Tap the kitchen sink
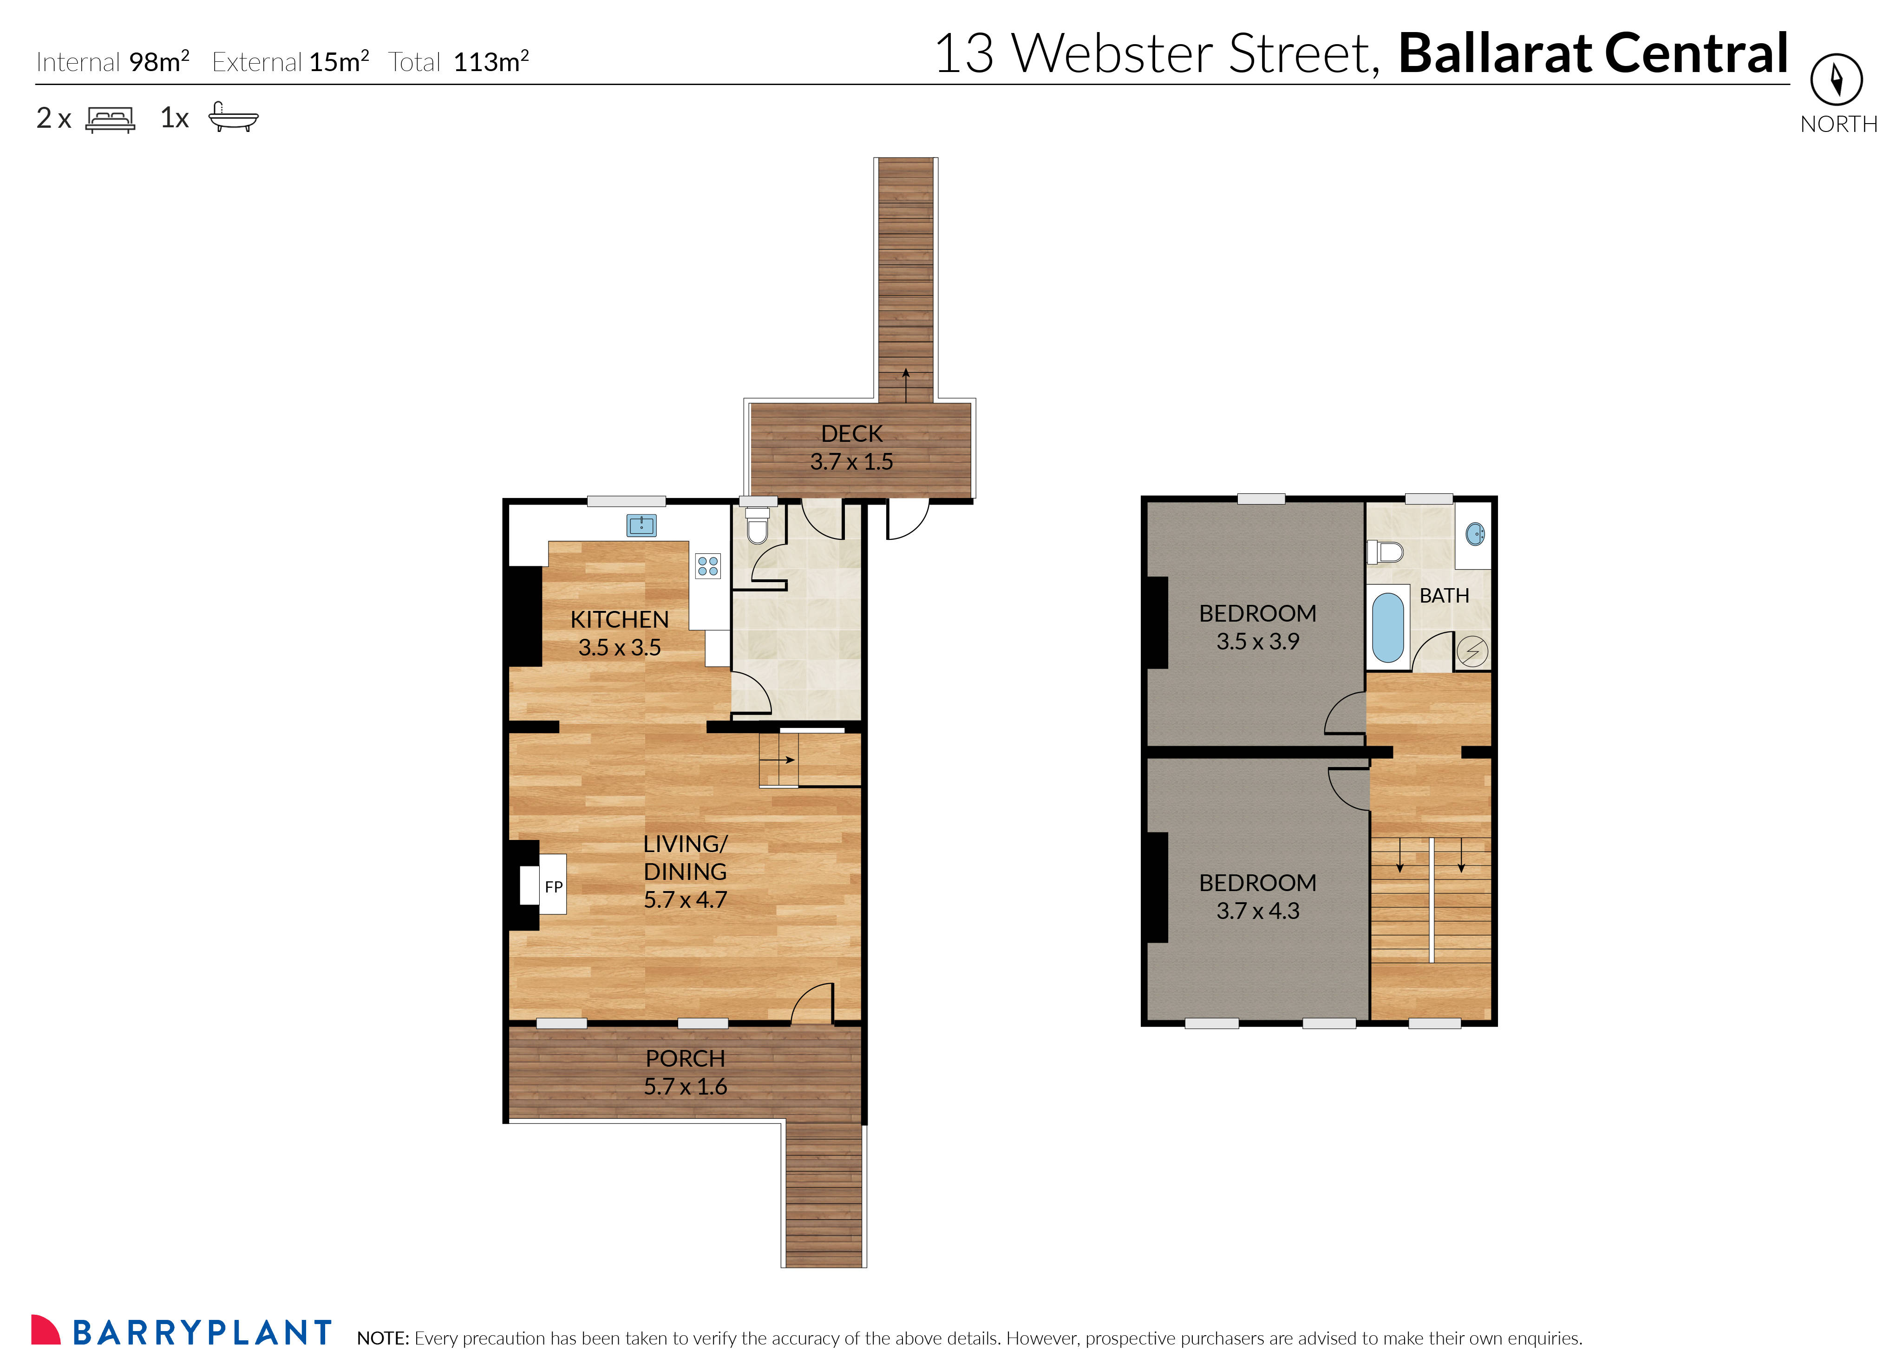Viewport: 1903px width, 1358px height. point(641,525)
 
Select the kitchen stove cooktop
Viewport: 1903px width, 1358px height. point(707,566)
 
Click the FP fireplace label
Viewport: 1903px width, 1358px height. point(553,886)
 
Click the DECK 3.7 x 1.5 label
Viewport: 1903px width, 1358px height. point(851,447)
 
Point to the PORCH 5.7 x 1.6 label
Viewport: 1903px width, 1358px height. point(685,1072)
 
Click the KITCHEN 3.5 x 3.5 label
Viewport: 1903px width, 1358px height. point(620,633)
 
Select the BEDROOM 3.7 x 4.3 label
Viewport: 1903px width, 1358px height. point(1257,896)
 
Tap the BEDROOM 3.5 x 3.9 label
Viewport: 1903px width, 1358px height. point(1257,627)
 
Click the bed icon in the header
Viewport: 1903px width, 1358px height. point(111,119)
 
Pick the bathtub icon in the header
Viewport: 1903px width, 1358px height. point(233,118)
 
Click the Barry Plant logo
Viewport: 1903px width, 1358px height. point(182,1331)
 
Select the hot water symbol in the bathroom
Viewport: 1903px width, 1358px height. point(1472,651)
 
